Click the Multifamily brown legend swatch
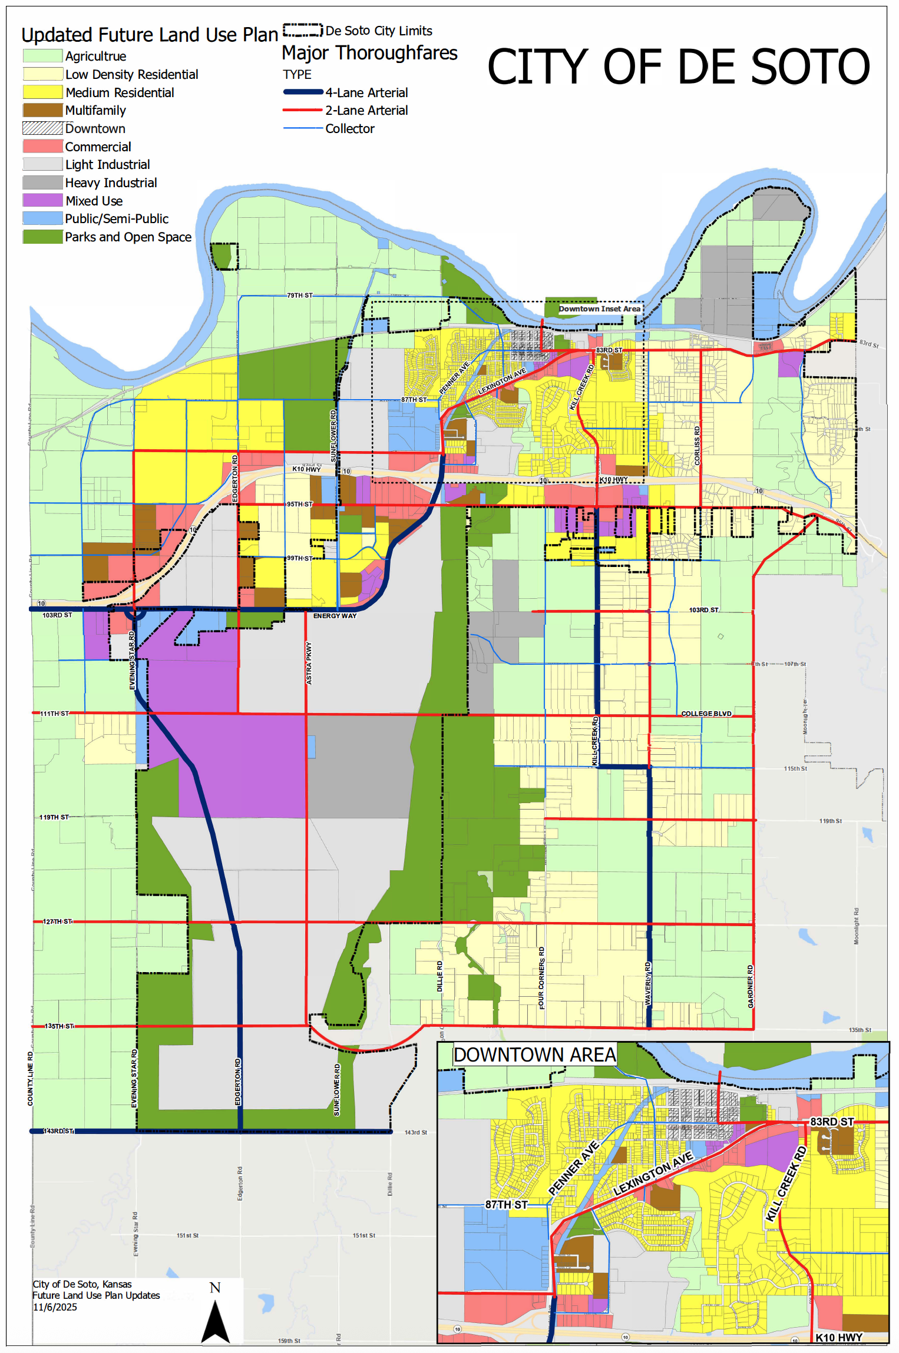point(42,110)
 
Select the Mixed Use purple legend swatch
point(42,200)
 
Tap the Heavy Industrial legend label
point(111,183)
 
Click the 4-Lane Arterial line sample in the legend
point(303,92)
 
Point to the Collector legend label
point(349,128)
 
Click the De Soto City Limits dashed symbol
point(303,30)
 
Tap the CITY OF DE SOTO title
point(678,67)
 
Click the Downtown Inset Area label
point(599,309)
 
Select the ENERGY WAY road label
point(335,616)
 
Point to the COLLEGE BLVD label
point(706,714)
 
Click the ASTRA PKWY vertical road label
point(309,663)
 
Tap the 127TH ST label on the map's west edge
point(57,921)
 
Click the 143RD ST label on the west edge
point(58,1131)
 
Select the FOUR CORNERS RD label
point(541,977)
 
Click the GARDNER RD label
point(750,986)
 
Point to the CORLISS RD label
point(697,446)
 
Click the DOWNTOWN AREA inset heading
point(534,1054)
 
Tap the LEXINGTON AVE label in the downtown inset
point(653,1173)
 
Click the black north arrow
point(215,1322)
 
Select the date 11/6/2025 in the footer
point(55,1307)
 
